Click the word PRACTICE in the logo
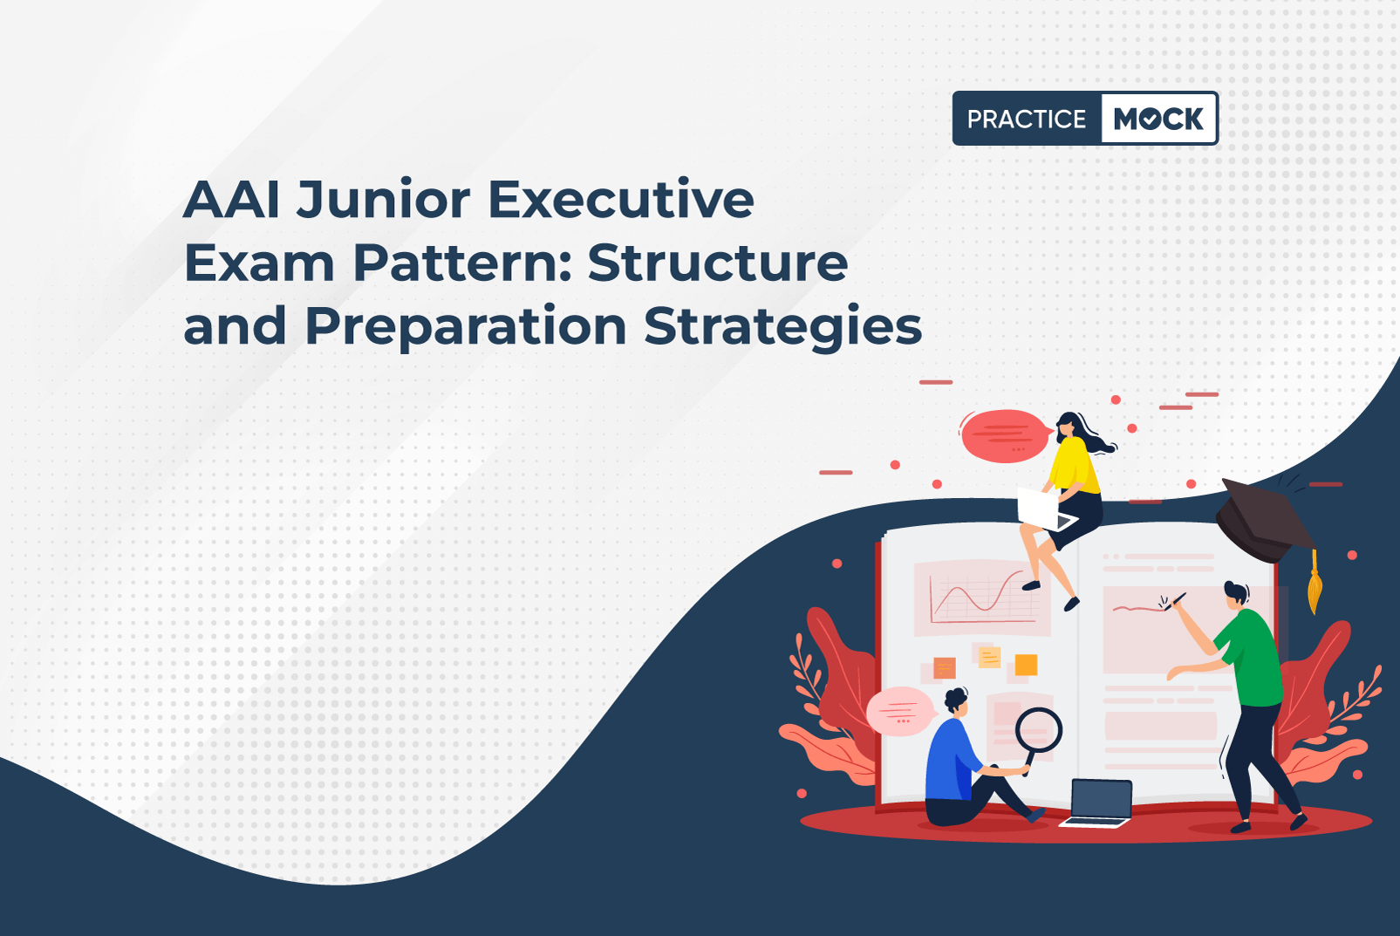[1027, 119]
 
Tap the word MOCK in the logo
[1158, 119]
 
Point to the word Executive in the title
[621, 199]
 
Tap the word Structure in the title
[718, 263]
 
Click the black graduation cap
[1262, 520]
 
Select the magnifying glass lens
[1038, 730]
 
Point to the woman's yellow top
[1075, 466]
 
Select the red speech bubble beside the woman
[1004, 435]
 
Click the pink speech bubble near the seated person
[901, 711]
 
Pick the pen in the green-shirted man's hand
[1175, 602]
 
